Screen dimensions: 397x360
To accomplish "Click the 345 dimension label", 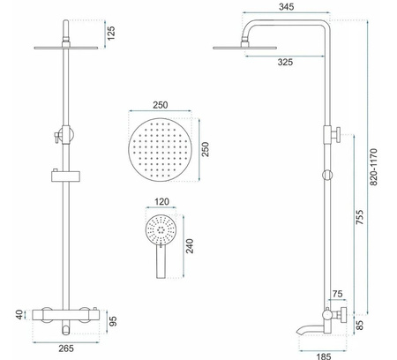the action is tap(286, 7).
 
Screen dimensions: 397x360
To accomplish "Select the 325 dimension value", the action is tap(285, 62).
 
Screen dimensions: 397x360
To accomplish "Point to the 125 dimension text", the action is tap(111, 34).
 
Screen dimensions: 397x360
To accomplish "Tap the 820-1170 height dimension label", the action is tap(373, 167).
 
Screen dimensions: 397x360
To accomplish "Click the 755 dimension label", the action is tap(359, 217).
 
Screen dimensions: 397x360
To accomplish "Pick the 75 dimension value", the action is tap(337, 294).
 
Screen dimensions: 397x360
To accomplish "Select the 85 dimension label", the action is tap(359, 325).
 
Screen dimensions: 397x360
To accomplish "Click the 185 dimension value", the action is tap(324, 356).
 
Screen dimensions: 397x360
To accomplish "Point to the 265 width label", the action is tap(66, 349).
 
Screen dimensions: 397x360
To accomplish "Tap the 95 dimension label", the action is tap(113, 321).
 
